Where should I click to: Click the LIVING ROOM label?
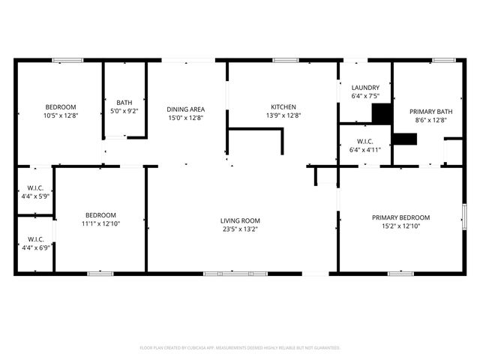240,220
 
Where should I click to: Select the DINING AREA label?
185,109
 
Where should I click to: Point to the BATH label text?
124,103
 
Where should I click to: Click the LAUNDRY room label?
365,88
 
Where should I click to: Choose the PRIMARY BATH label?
428,111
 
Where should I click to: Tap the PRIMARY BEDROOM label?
400,217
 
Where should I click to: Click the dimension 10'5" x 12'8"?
61,115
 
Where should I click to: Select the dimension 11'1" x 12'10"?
100,223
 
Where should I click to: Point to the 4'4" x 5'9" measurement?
35,196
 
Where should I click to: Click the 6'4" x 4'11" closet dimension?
365,149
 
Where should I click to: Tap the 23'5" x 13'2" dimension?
240,229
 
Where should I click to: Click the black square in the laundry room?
382,113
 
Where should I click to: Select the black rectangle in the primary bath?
405,138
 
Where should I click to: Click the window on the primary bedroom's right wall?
464,217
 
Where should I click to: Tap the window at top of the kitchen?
286,60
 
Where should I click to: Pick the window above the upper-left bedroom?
67,60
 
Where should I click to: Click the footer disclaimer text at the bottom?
240,348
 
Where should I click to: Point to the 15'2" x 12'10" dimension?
400,226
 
